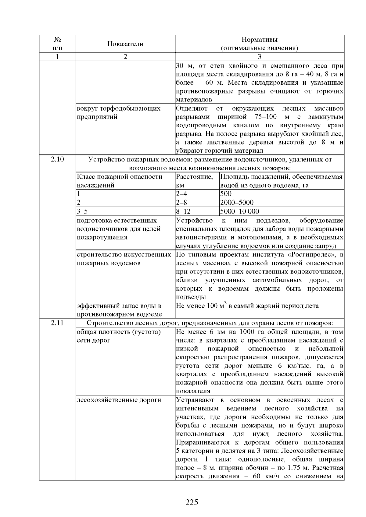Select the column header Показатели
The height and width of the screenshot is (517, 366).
click(125, 44)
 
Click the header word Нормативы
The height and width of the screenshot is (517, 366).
click(260, 40)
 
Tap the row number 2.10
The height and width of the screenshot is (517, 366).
click(57, 159)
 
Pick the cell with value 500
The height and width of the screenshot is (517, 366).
click(226, 194)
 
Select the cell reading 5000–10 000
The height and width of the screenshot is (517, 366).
click(239, 211)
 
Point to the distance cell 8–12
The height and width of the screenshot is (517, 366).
click(183, 211)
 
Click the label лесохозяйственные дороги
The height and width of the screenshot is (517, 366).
click(119, 400)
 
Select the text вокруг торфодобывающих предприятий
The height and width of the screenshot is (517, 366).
click(118, 113)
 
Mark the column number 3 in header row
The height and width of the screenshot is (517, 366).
click(260, 57)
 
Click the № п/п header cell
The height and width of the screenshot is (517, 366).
click(57, 44)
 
